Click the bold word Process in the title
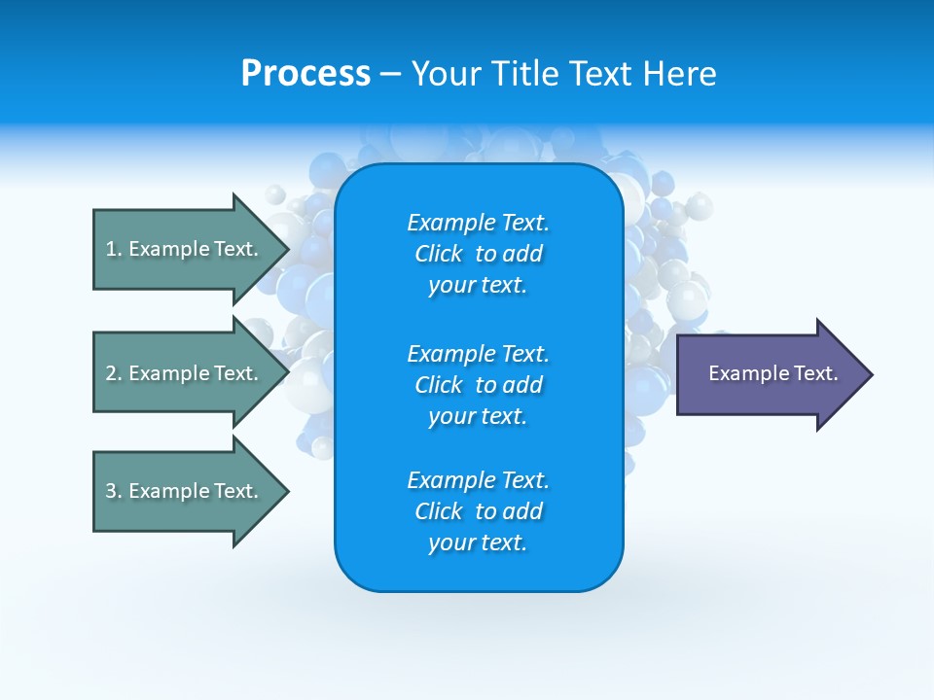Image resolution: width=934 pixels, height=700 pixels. pyautogui.click(x=305, y=74)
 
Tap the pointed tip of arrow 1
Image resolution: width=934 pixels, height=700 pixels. pyautogui.click(x=285, y=249)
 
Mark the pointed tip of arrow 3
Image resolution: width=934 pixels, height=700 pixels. pyautogui.click(x=285, y=491)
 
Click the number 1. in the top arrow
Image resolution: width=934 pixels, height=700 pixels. pyautogui.click(x=114, y=249)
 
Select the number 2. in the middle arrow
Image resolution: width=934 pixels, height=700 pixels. pyautogui.click(x=114, y=373)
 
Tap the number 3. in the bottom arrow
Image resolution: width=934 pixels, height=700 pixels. pyautogui.click(x=114, y=491)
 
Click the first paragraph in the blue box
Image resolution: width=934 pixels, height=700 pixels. pyautogui.click(x=478, y=254)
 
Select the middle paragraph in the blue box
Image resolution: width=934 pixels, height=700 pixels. pyautogui.click(x=478, y=385)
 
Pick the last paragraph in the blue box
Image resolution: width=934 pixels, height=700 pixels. pyautogui.click(x=478, y=511)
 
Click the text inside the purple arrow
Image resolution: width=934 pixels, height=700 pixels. pyautogui.click(x=772, y=373)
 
